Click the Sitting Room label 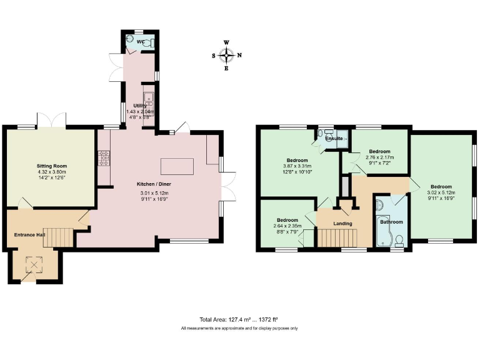tap(51, 166)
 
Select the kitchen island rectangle tap(177, 166)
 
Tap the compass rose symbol tap(226, 55)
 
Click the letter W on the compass tap(226, 42)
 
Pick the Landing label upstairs tap(342, 223)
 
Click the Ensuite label tap(333, 137)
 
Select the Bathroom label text tap(392, 222)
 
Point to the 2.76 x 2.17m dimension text tap(379, 158)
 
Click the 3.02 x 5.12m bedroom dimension tap(441, 192)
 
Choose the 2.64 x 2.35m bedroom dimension tap(287, 226)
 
